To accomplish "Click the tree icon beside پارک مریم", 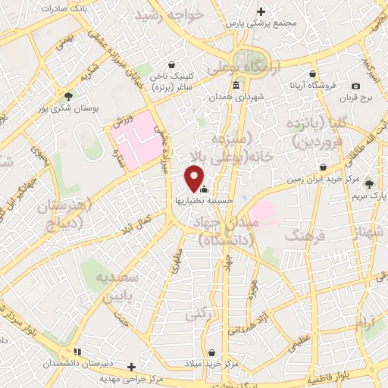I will pyautogui.click(x=370, y=184).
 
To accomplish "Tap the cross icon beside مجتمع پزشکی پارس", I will pyautogui.click(x=261, y=11).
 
